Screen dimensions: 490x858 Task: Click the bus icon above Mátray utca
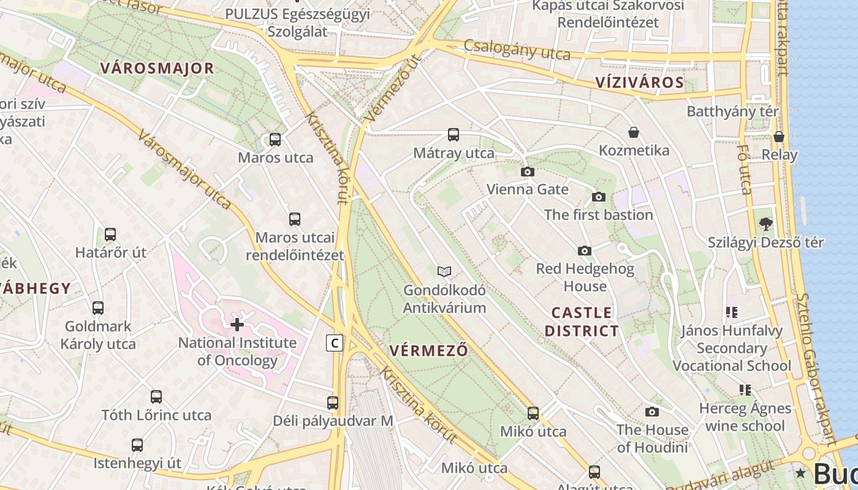point(454,135)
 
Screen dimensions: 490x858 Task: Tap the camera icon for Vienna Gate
point(527,172)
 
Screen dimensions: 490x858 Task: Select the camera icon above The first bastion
point(599,197)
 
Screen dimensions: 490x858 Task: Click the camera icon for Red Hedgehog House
point(585,251)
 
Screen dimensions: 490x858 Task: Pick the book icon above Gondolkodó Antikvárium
point(444,271)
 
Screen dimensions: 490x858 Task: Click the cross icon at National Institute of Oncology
point(237,325)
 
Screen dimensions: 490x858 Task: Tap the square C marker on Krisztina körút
point(334,343)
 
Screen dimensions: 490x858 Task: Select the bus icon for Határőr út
point(110,235)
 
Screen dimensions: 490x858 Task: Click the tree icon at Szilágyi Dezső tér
point(765,224)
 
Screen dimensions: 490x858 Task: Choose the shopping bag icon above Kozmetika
point(634,132)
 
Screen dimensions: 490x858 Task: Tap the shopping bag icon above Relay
point(779,137)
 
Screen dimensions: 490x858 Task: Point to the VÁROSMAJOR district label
point(158,68)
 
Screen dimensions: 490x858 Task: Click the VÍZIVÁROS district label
point(640,83)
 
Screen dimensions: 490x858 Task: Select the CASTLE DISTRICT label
point(582,322)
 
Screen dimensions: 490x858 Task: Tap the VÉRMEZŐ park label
point(428,351)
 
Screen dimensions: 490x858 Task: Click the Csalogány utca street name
point(517,50)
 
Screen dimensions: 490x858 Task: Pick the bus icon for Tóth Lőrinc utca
point(156,397)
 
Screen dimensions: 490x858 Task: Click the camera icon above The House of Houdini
point(652,412)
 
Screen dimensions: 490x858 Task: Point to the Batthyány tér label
point(732,111)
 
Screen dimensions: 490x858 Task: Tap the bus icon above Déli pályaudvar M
point(333,403)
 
